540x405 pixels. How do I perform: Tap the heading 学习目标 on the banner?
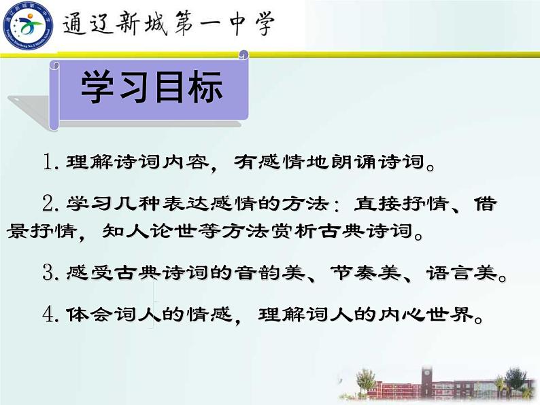[x=152, y=88]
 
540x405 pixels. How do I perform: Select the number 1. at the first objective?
[x=52, y=163]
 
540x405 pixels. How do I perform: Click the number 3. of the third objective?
[x=52, y=274]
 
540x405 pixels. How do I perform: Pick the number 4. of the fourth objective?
[x=52, y=315]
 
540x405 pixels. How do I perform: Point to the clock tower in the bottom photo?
[x=427, y=378]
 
